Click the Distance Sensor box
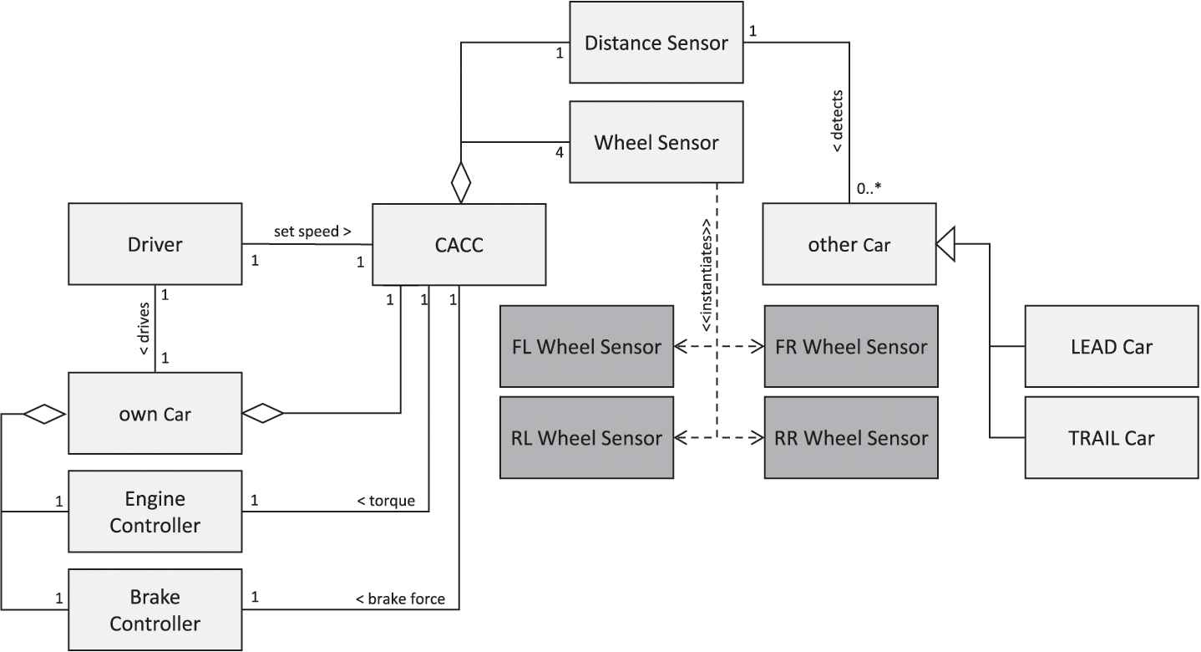(656, 42)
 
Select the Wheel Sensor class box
(656, 142)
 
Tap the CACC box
(459, 244)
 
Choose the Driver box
(155, 244)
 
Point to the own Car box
(155, 413)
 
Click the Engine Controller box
(155, 512)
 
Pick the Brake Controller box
(155, 610)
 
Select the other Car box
(849, 244)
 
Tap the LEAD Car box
(1111, 346)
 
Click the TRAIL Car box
(1111, 437)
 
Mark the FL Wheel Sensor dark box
(586, 346)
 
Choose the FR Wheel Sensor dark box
(850, 346)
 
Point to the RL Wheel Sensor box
(586, 437)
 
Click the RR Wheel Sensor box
(850, 437)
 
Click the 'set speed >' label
(312, 232)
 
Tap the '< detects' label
(838, 120)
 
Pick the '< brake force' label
(400, 599)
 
